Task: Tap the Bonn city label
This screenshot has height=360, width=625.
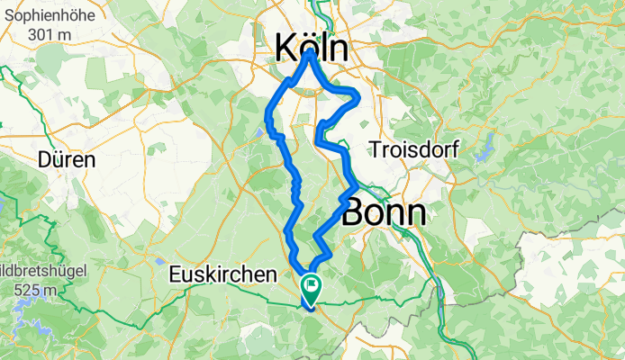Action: click(384, 213)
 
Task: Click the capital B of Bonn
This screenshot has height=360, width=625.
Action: click(352, 213)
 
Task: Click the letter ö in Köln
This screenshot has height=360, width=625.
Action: click(307, 47)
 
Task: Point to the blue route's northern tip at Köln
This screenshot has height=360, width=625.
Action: click(311, 52)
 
